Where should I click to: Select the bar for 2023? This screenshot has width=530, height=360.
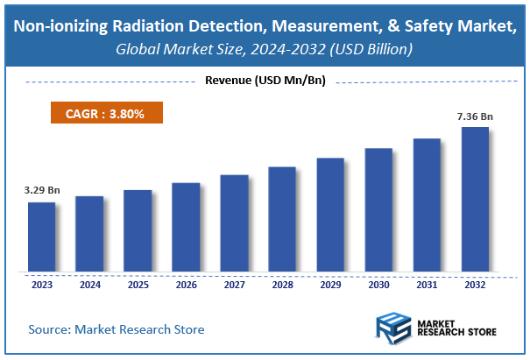41,237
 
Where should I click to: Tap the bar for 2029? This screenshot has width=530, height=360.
330,215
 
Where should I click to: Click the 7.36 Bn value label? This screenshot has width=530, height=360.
475,116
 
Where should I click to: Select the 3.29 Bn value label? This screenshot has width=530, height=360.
41,190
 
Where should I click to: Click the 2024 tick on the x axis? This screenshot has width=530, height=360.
89,285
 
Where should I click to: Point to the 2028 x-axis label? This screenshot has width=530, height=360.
282,285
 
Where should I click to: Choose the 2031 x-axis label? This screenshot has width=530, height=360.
427,285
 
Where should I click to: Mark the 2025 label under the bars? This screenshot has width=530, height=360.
138,285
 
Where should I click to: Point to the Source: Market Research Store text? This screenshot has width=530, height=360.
117,329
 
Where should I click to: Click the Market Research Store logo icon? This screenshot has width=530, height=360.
395,328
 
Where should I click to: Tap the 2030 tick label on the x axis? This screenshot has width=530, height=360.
378,285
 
